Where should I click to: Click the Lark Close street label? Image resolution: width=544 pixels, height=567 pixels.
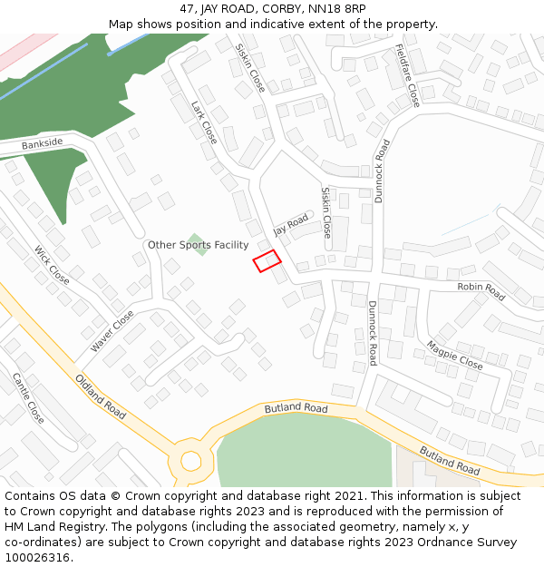click(x=204, y=122)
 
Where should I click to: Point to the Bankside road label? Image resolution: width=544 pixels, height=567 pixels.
click(x=43, y=143)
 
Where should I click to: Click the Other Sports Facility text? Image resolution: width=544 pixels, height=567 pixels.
click(x=198, y=245)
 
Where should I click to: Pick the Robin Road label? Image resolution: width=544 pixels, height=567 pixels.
click(x=481, y=290)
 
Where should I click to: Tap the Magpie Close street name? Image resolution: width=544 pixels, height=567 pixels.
click(x=455, y=355)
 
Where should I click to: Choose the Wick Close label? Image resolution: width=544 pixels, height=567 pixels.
click(x=52, y=264)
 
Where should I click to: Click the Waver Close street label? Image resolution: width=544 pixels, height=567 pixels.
click(x=112, y=331)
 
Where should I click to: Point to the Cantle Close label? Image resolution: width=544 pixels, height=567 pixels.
click(x=27, y=398)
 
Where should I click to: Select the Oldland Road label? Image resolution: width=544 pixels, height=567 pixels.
click(x=100, y=396)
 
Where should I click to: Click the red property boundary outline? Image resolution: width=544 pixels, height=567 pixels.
click(x=267, y=261)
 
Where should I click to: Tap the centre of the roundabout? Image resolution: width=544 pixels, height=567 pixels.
click(x=190, y=461)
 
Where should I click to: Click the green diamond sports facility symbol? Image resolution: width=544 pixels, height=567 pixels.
click(x=197, y=244)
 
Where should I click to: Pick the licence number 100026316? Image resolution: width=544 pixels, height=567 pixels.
click(x=36, y=558)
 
